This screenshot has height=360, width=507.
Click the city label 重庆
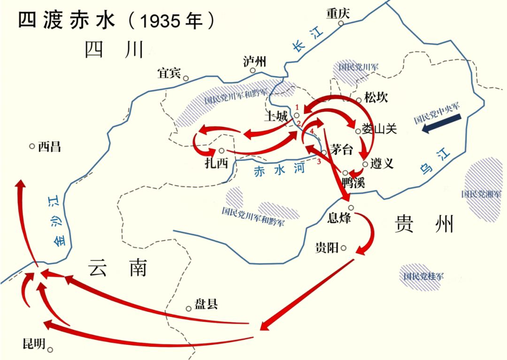[339, 13]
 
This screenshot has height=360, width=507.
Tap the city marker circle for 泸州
[253, 71]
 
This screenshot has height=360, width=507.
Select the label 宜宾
[169, 74]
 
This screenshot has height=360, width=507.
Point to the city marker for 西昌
[32, 146]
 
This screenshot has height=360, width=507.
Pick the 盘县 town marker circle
[189, 308]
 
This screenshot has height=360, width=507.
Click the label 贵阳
[327, 247]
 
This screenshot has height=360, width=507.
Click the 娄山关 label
[379, 130]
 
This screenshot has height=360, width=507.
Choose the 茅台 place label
[341, 149]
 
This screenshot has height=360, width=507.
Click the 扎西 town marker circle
[221, 151]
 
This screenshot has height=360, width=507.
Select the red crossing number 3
[319, 162]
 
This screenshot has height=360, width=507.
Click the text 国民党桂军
[423, 276]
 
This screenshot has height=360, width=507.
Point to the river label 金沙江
[57, 221]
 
